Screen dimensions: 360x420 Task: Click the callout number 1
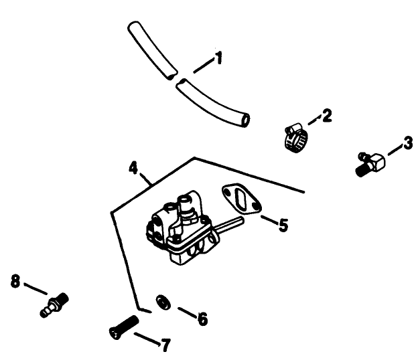click(x=218, y=59)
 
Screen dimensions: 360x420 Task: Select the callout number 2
click(x=326, y=116)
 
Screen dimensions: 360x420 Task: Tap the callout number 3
click(x=407, y=143)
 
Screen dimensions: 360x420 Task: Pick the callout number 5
click(x=283, y=225)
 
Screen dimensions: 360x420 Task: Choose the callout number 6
click(x=201, y=318)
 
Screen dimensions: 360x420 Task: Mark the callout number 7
click(x=164, y=345)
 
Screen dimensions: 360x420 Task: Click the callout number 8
click(x=15, y=280)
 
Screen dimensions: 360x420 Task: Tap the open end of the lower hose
click(x=246, y=121)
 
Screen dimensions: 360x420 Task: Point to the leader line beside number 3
click(x=395, y=149)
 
